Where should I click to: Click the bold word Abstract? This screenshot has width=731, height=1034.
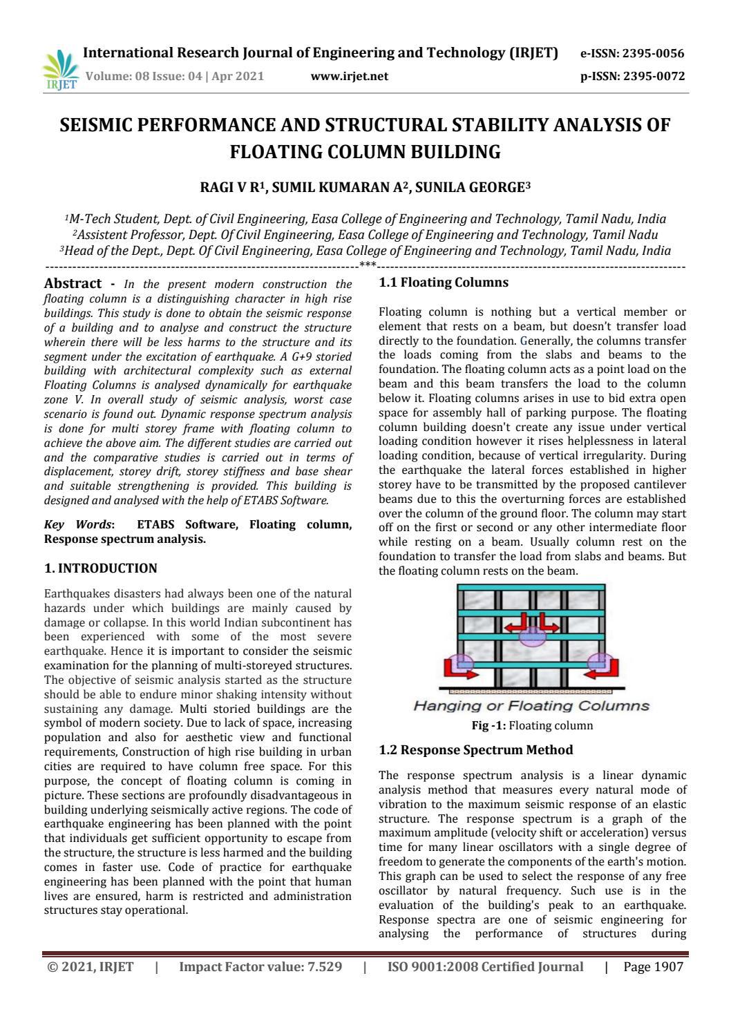pos(73,283)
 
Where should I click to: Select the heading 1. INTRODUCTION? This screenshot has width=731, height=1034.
pos(100,568)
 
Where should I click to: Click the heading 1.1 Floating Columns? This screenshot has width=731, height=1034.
pos(444,283)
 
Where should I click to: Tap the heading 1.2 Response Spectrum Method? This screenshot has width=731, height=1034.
pos(476,749)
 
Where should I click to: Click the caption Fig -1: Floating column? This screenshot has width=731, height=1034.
pos(531,726)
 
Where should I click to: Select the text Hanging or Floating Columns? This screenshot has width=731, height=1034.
pos(531,706)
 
